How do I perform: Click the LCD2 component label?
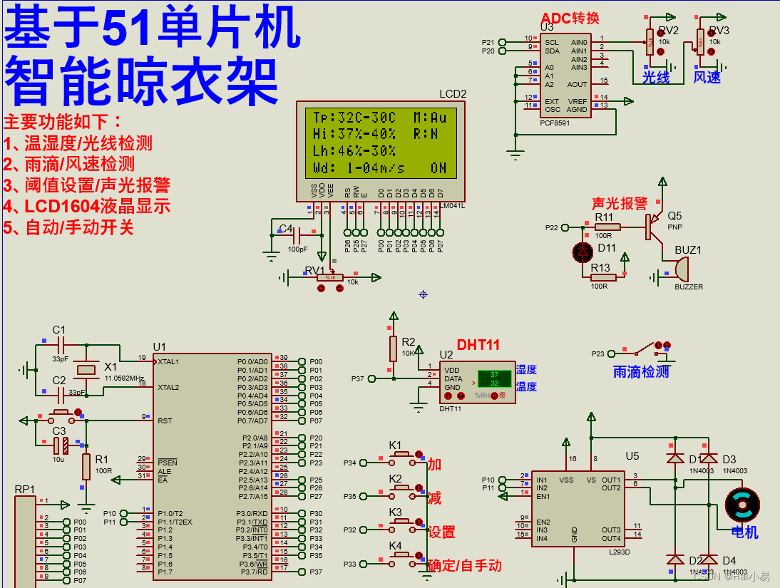[x=453, y=94]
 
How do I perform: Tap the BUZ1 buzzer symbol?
[x=680, y=269]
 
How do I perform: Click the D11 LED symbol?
[x=583, y=252]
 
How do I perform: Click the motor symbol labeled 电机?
[x=742, y=505]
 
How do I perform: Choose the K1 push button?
[x=401, y=456]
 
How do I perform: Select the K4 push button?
[x=401, y=557]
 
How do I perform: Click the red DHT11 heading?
[x=478, y=345]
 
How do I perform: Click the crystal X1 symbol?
[x=86, y=369]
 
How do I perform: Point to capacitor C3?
[x=60, y=445]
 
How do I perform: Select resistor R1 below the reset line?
[x=86, y=467]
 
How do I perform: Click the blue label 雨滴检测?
[x=641, y=371]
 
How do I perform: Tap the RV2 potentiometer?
[x=649, y=42]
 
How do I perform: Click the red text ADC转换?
[x=570, y=19]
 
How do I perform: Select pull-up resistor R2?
[x=392, y=349]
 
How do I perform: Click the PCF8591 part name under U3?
[x=555, y=123]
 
